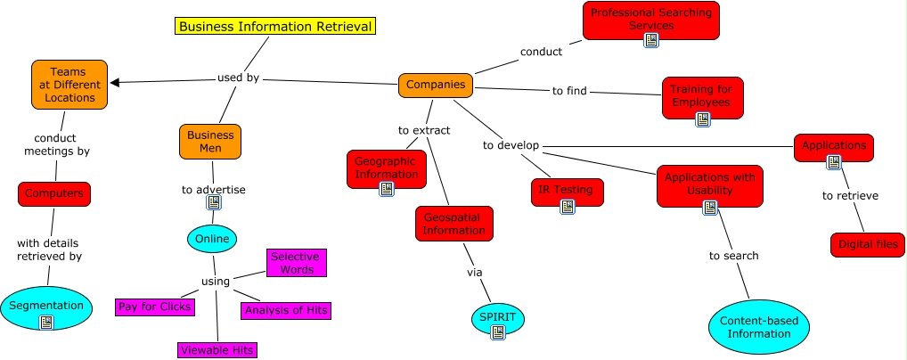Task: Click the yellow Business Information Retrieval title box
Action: pos(275,27)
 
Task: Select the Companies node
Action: pos(436,85)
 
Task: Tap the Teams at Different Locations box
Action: pos(69,85)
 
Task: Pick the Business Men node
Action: pos(210,142)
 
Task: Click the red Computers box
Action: pos(54,193)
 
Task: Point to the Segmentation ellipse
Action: pos(46,307)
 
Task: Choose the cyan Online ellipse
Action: pos(212,239)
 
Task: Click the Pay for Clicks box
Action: pos(154,307)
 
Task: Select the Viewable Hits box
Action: pos(217,350)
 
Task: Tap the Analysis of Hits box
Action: pos(286,310)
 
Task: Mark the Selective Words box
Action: pos(295,263)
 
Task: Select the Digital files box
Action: pos(868,244)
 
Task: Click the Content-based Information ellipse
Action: pos(759,328)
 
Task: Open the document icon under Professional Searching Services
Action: pos(651,40)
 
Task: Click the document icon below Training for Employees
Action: pos(702,119)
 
